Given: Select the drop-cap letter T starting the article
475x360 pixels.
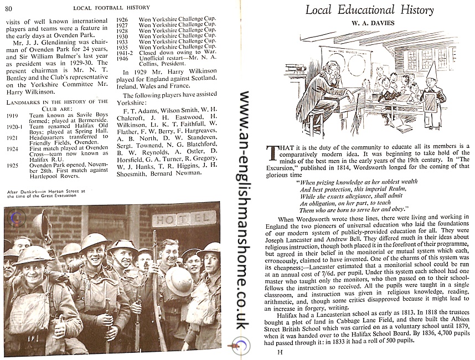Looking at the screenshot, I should pyautogui.click(x=272, y=152).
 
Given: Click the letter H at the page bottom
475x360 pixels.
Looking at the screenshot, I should pyautogui.click(x=280, y=352).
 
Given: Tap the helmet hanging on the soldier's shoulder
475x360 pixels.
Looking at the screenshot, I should pyautogui.click(x=178, y=281).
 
